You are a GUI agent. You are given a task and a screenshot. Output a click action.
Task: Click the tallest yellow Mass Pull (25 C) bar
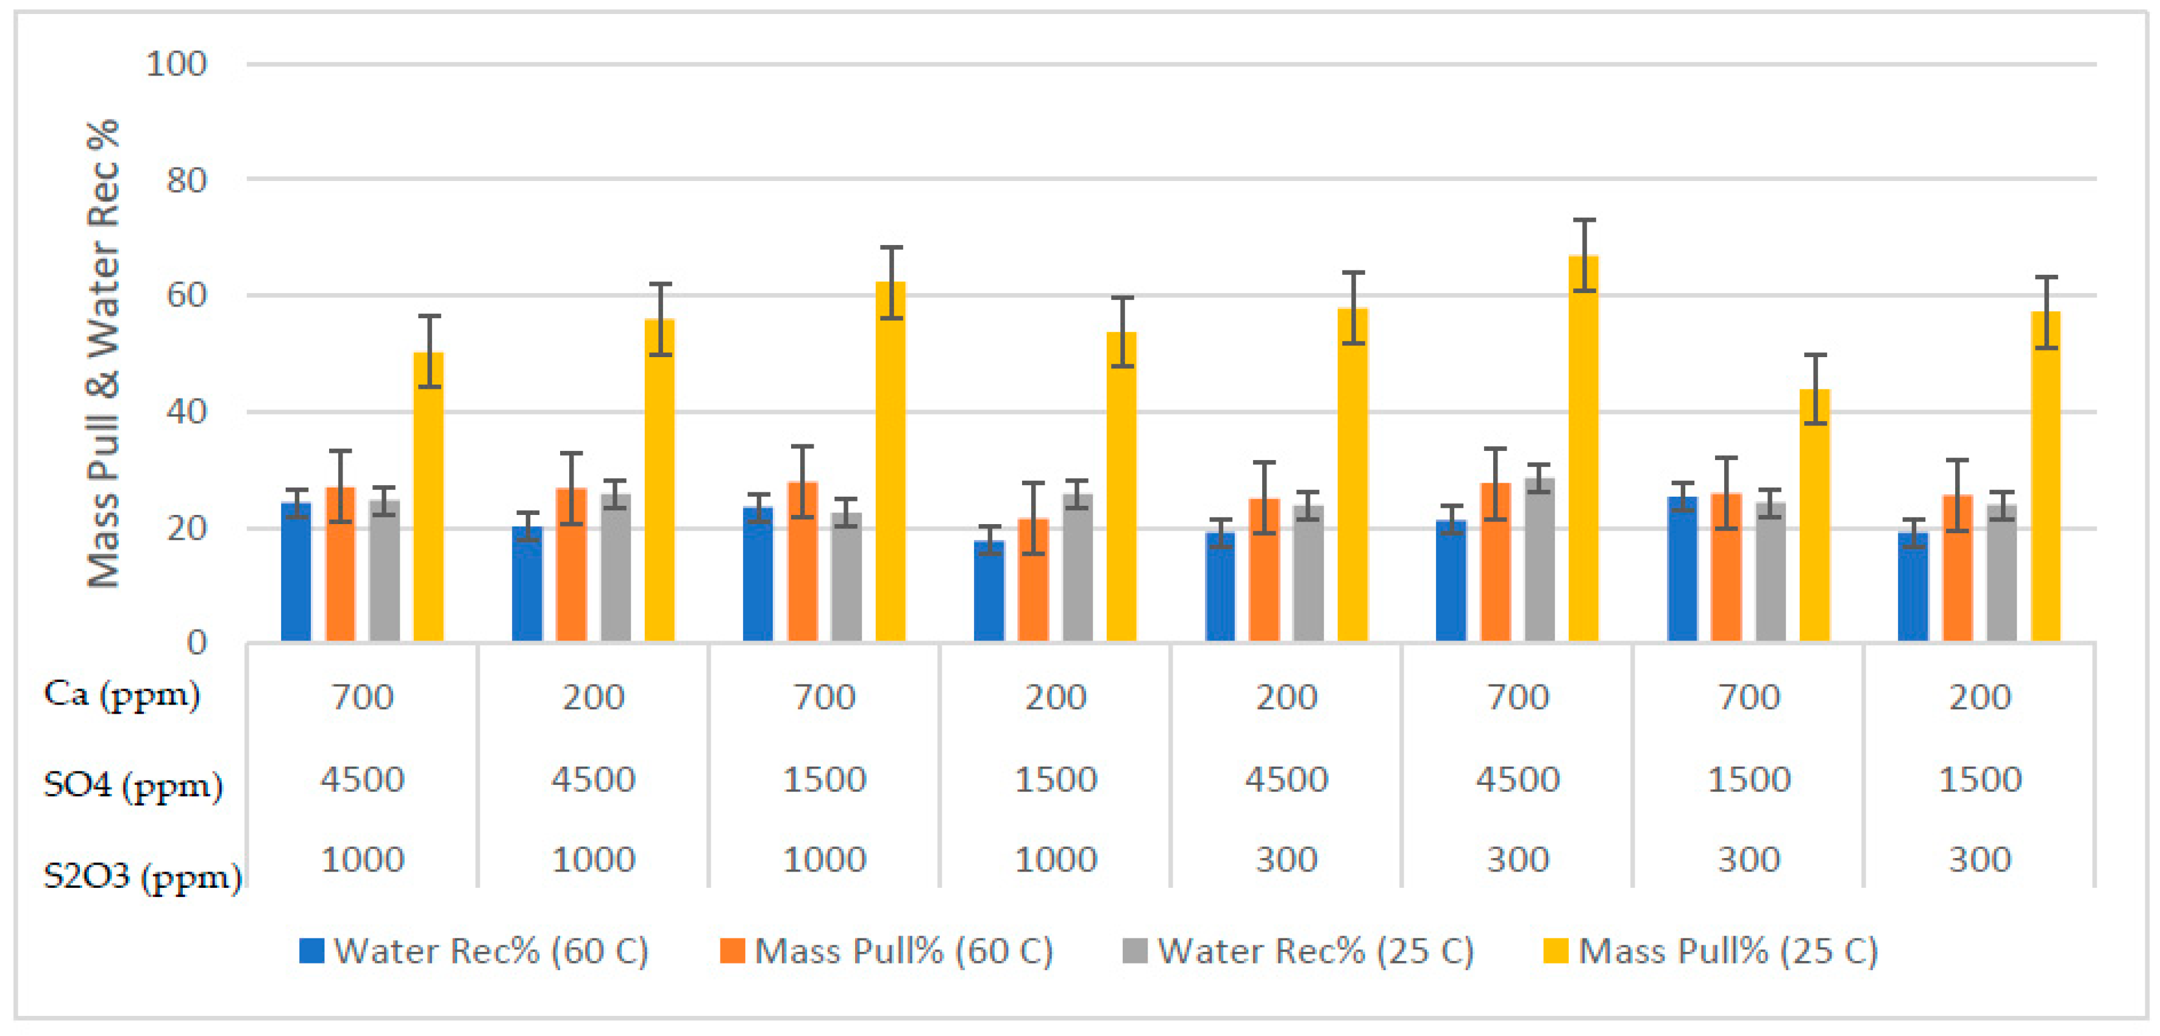point(1583,453)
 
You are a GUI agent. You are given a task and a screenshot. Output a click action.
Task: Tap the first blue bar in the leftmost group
point(296,573)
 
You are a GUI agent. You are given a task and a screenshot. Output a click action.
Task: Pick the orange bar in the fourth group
point(1033,582)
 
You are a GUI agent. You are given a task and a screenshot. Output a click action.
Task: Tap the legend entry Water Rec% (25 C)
point(1298,951)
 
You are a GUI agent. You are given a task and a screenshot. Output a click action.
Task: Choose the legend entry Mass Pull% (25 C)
point(1711,951)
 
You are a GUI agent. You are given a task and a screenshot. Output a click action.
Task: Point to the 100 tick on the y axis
point(176,65)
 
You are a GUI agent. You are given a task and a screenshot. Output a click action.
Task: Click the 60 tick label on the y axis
point(186,296)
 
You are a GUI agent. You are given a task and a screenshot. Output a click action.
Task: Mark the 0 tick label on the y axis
point(196,643)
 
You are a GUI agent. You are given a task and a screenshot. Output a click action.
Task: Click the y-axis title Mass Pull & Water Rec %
point(103,353)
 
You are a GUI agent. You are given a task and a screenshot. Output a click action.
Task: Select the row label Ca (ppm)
point(121,694)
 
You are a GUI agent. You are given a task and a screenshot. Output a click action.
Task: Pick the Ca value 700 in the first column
point(362,697)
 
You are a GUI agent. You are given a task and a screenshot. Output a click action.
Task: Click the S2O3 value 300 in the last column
point(1980,860)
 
